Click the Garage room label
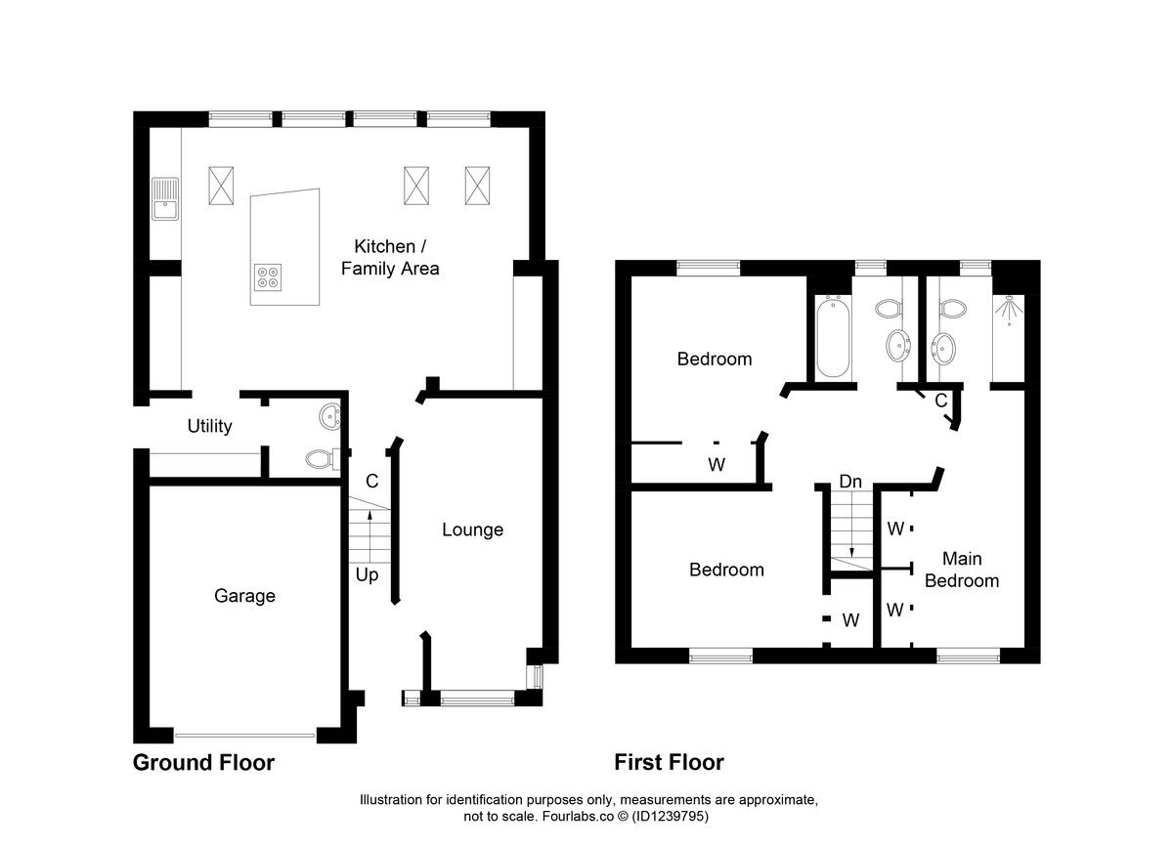pos(244,596)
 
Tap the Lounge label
pos(472,529)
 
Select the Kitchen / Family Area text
pos(390,257)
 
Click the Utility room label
pos(209,426)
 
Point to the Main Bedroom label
pos(962,570)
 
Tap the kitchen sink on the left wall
pos(164,200)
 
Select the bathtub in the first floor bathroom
pos(833,337)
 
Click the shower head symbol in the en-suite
pos(1008,309)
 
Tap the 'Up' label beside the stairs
pos(367,574)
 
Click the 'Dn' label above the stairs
pos(850,482)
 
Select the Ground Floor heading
pos(203,762)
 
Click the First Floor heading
pos(669,762)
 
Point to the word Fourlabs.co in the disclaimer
pos(571,816)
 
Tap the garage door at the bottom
pos(244,735)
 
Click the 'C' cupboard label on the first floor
pos(940,401)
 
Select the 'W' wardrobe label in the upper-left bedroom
pos(717,465)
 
